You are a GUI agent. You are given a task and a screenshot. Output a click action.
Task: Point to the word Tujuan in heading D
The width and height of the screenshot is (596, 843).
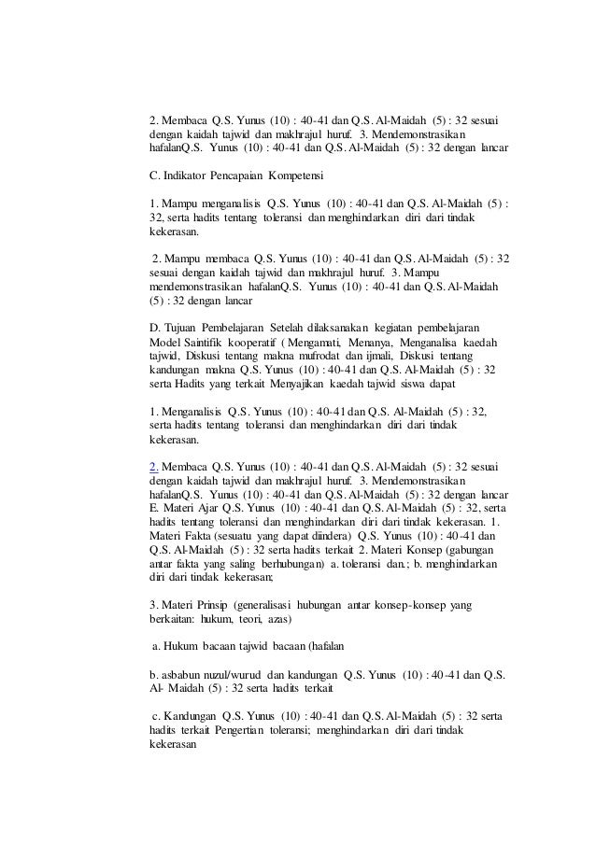click(184, 328)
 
